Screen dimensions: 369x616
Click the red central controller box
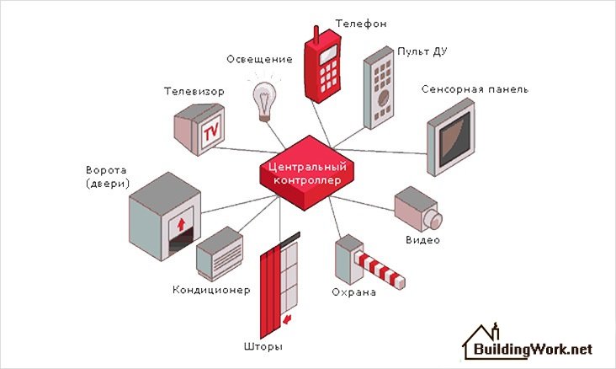click(305, 173)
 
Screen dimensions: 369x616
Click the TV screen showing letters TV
click(210, 131)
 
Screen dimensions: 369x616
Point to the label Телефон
click(360, 24)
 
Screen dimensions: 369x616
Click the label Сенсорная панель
click(486, 88)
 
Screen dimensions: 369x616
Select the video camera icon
click(418, 209)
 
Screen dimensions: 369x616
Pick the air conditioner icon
click(220, 254)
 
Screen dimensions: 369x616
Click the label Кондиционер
click(211, 291)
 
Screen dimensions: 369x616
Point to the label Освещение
click(260, 59)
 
